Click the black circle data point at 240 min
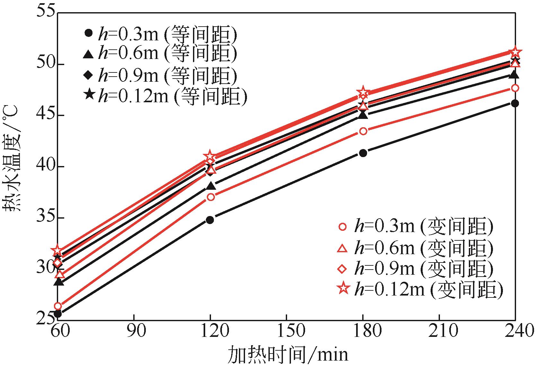(515, 103)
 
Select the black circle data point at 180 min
(363, 153)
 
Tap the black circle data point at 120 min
(210, 220)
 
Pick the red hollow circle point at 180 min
(363, 131)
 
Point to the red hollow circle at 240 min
(515, 88)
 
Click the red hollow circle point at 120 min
(210, 197)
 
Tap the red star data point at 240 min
(515, 52)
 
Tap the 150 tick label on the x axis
(286, 331)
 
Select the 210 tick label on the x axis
(439, 331)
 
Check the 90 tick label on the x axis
(134, 331)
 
